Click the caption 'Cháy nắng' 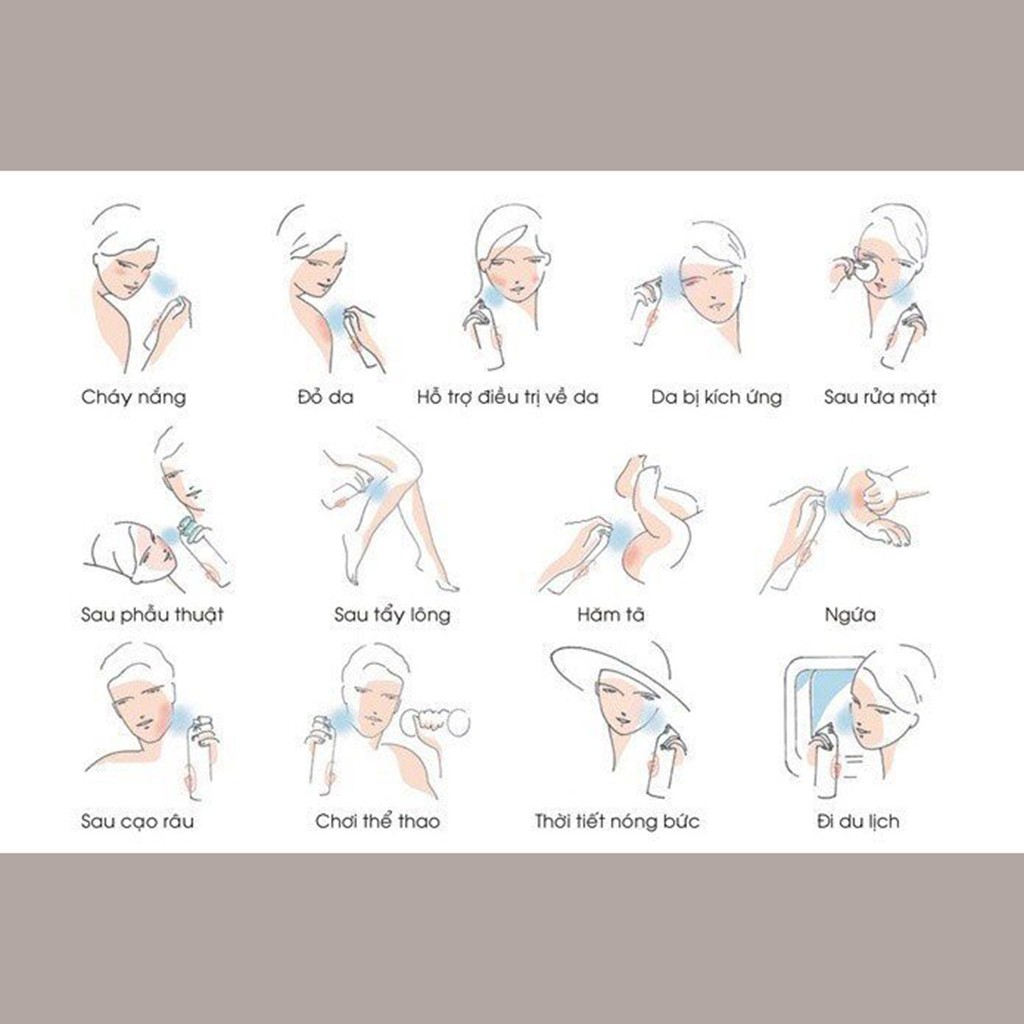[x=134, y=397]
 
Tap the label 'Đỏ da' [x=325, y=396]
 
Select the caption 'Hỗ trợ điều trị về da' [x=507, y=396]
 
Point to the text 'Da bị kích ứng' [x=716, y=396]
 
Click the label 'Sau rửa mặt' [x=880, y=396]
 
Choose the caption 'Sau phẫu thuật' [x=152, y=614]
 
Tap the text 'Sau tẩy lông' [x=392, y=614]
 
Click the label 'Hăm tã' [x=611, y=614]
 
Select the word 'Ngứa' [x=850, y=614]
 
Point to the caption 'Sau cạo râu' [x=137, y=821]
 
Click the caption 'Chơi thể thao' [x=377, y=821]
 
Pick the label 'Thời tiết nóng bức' [x=617, y=821]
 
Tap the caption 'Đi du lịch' [x=858, y=821]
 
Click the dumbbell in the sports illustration [x=435, y=722]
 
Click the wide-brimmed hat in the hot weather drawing [x=614, y=673]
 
